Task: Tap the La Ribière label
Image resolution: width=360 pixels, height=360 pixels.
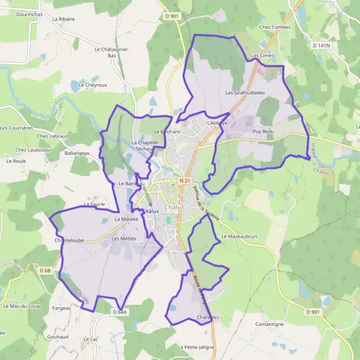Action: tap(63, 19)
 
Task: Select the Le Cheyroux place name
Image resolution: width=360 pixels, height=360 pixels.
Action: tap(92, 85)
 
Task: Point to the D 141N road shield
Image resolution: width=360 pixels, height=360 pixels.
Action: tap(322, 45)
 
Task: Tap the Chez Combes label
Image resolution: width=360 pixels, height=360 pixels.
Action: tap(274, 27)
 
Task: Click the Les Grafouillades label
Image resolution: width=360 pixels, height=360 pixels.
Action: tap(245, 93)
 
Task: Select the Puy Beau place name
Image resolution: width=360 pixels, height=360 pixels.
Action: tap(263, 131)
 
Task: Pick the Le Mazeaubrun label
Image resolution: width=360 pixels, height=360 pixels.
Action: tap(239, 236)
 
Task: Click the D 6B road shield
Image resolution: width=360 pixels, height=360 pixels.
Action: tap(46, 271)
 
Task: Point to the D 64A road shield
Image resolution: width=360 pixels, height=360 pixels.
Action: tap(119, 312)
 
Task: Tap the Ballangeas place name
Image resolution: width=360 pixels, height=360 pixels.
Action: tap(76, 153)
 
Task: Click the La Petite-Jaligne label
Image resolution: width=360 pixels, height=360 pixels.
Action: tap(196, 347)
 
